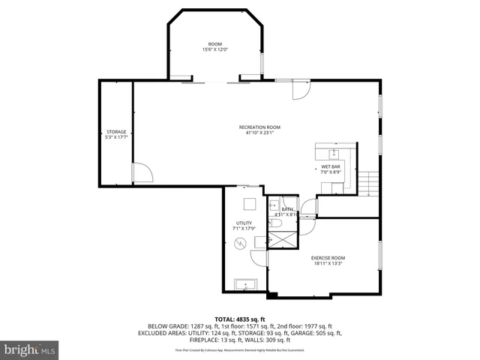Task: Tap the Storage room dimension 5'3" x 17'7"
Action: (116, 137)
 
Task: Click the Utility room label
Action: (244, 223)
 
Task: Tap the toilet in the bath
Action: (275, 223)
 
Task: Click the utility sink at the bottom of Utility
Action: (245, 284)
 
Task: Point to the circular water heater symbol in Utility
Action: (241, 244)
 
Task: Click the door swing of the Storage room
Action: (142, 173)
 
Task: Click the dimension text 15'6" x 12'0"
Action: (214, 49)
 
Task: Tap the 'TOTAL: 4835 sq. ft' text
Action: (239, 319)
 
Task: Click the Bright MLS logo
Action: (30, 349)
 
